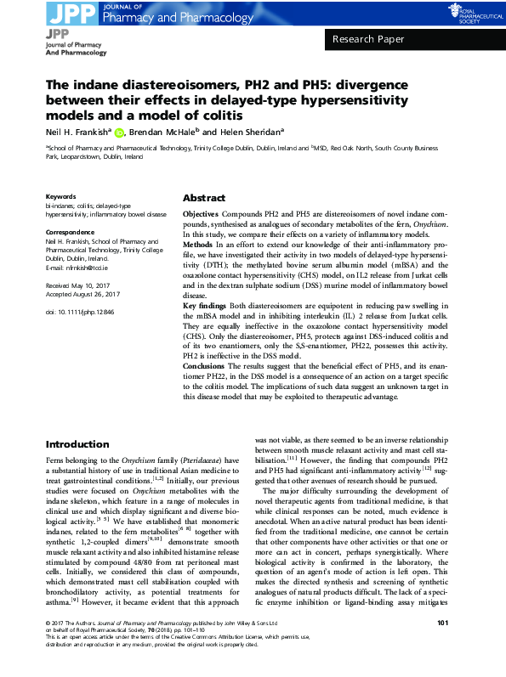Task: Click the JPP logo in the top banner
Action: (71, 12)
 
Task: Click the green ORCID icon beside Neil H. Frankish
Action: (120, 132)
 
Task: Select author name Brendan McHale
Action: (163, 132)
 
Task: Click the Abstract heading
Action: (203, 196)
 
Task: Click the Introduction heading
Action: (77, 444)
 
